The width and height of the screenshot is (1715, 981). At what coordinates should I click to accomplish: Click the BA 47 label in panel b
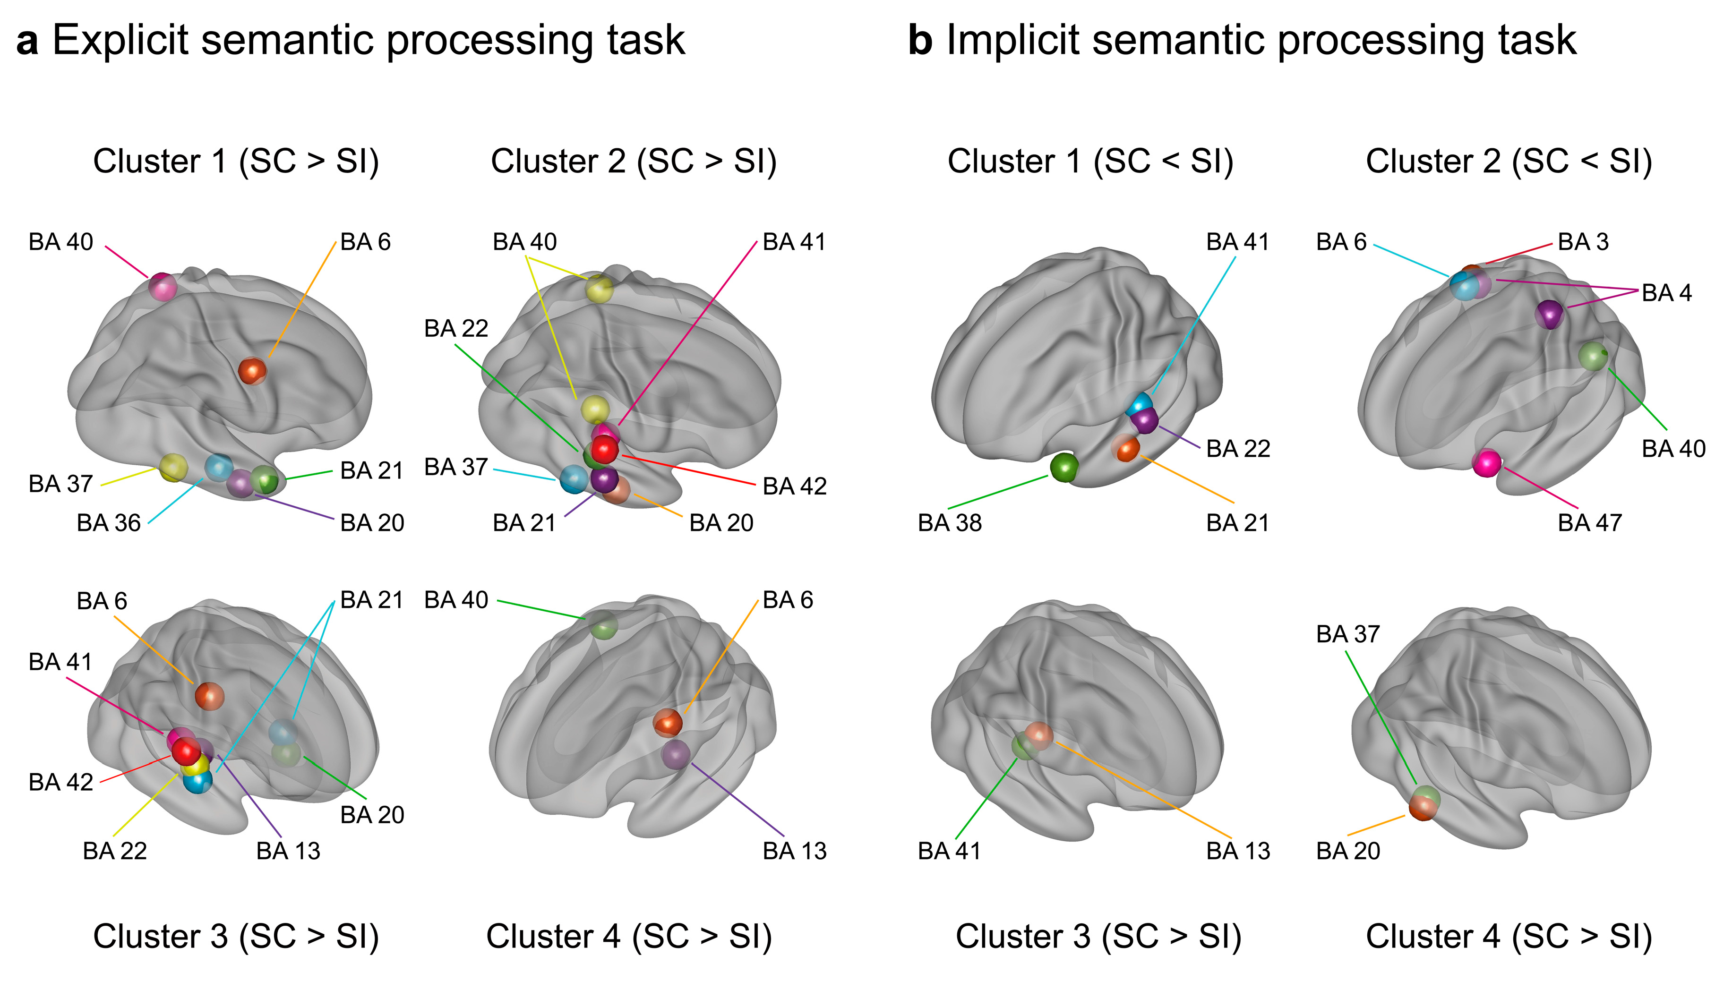(x=1589, y=523)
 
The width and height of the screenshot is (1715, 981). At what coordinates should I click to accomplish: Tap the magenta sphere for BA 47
(x=1486, y=463)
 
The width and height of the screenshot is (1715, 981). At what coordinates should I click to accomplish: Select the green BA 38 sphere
(x=1064, y=468)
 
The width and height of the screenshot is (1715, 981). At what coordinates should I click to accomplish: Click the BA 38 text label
(x=950, y=523)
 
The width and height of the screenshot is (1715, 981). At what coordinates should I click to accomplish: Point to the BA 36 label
(x=109, y=523)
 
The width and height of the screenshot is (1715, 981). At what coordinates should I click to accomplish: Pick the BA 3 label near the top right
(x=1583, y=242)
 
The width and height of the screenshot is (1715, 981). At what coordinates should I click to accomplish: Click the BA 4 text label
(x=1666, y=293)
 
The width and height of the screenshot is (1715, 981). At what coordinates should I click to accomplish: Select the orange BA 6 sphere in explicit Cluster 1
(x=253, y=371)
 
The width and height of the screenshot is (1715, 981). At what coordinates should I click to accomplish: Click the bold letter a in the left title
(x=27, y=41)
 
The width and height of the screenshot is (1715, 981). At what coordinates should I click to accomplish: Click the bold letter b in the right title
(x=920, y=41)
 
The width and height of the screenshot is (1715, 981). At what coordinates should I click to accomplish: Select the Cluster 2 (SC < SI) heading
(x=1509, y=162)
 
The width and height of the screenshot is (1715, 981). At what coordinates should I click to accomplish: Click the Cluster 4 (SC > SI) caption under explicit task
(x=629, y=937)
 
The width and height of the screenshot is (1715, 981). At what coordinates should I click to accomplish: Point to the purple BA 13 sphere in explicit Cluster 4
(x=675, y=754)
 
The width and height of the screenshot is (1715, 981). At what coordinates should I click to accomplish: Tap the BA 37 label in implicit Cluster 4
(x=1348, y=634)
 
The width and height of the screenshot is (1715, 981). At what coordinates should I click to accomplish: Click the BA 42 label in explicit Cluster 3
(x=60, y=782)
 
